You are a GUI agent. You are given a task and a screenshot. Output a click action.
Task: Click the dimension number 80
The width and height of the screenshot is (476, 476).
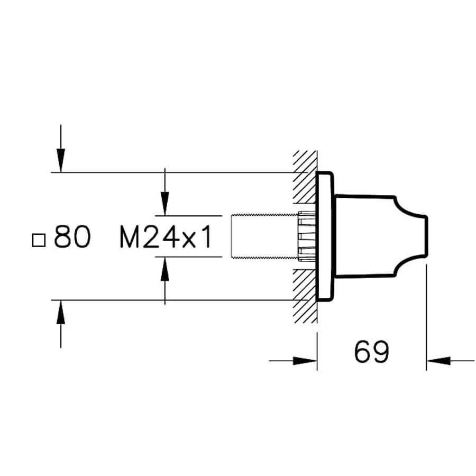click(72, 236)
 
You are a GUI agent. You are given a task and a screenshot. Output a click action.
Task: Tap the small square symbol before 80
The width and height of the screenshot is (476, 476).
click(39, 240)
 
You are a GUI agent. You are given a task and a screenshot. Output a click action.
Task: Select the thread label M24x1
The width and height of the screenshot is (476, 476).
click(166, 237)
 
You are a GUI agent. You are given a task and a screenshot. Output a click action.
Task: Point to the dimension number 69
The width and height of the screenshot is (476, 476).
click(371, 352)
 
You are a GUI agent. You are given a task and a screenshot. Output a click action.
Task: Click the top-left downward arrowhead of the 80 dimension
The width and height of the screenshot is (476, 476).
click(61, 161)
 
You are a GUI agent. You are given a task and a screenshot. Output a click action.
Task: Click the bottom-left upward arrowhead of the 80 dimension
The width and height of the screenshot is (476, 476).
click(61, 312)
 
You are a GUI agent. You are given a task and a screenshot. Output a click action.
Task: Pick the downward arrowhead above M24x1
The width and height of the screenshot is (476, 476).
click(165, 204)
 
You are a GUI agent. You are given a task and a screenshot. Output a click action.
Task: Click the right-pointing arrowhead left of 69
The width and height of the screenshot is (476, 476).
click(305, 361)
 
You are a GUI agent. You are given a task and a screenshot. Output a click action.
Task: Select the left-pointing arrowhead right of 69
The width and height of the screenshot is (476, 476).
click(438, 361)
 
